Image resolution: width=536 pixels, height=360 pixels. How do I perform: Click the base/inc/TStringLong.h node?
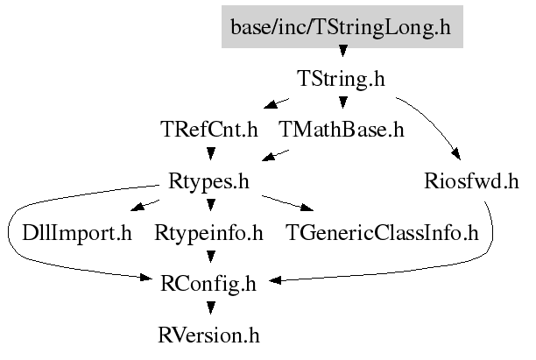(x=342, y=26)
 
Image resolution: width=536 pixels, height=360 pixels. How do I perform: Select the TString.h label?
(x=342, y=78)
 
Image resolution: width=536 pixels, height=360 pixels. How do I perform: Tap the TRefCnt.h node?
(x=209, y=130)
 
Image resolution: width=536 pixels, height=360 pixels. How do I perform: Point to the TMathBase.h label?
(x=342, y=130)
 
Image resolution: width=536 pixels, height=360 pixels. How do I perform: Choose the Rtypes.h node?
(x=208, y=181)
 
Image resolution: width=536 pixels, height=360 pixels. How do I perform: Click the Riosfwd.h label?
(x=472, y=180)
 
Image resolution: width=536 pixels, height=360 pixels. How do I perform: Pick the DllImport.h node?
(x=77, y=233)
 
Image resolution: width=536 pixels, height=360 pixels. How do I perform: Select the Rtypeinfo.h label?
(x=208, y=233)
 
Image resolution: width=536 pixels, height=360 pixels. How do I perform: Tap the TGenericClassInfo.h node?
(x=382, y=232)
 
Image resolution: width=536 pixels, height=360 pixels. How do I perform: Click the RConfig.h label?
(x=208, y=284)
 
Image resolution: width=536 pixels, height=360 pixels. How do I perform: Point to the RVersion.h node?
(x=208, y=335)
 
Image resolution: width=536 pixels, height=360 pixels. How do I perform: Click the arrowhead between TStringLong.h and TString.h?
(x=342, y=51)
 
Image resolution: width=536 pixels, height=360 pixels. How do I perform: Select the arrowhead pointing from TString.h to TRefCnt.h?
(x=272, y=104)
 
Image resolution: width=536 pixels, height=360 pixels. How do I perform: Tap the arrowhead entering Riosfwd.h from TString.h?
(x=456, y=154)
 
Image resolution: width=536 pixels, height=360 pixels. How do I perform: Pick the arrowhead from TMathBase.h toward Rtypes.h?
(x=270, y=156)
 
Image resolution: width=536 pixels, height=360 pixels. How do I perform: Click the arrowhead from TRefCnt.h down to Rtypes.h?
(x=211, y=153)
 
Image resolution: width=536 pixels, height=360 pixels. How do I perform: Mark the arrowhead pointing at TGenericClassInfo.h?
(x=307, y=207)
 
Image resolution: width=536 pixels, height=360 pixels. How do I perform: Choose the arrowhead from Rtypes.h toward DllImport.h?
(x=138, y=207)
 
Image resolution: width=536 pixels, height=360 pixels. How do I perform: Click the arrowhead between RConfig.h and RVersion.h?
(x=211, y=308)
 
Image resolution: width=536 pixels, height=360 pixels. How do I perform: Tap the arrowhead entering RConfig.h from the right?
(x=275, y=280)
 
